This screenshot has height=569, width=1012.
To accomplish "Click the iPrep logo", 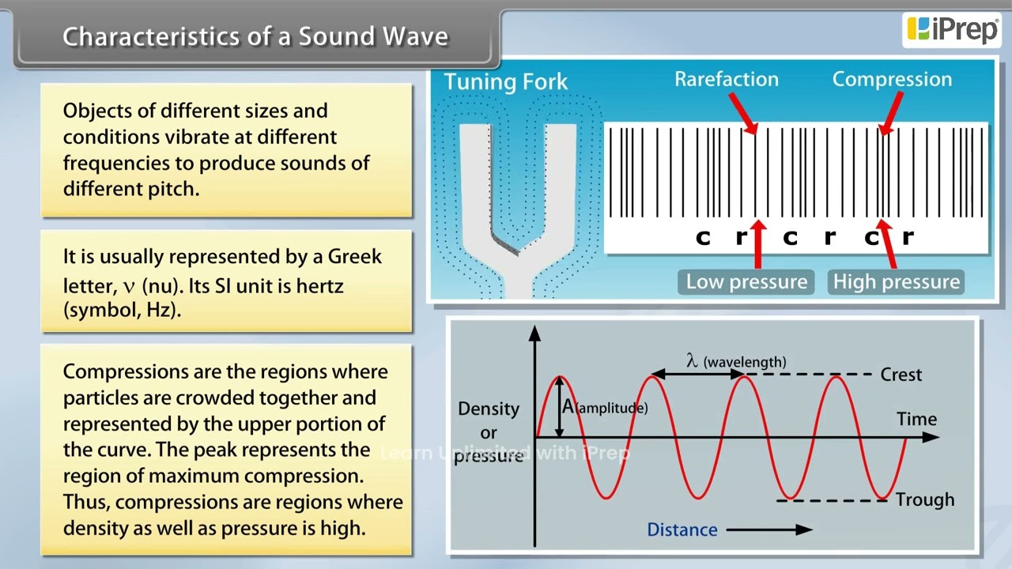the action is (x=951, y=30).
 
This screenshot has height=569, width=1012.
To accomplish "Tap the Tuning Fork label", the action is (x=505, y=81).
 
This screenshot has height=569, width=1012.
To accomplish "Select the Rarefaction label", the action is (x=727, y=80).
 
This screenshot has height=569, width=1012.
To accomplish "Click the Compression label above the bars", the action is (x=893, y=80).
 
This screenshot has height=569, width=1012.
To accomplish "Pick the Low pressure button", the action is (x=746, y=282).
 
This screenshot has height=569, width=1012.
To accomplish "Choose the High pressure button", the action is (x=896, y=282).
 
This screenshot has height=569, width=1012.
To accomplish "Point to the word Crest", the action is (x=901, y=375).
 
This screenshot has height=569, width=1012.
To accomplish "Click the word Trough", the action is (x=925, y=499).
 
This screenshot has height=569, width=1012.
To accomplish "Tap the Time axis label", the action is (x=916, y=419).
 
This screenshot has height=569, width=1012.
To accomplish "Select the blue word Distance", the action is (x=682, y=529).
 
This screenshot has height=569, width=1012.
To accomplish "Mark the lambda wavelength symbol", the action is (x=692, y=360).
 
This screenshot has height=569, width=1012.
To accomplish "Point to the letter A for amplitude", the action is (x=568, y=407).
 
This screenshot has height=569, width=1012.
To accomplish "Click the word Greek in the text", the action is (x=354, y=257).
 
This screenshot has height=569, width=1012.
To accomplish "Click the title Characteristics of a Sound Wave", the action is (x=255, y=36).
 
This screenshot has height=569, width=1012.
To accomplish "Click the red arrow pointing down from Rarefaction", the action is (x=743, y=113).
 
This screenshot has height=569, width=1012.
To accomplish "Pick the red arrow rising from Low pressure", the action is (x=758, y=244).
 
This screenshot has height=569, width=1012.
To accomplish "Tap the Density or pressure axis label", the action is (x=489, y=432).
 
